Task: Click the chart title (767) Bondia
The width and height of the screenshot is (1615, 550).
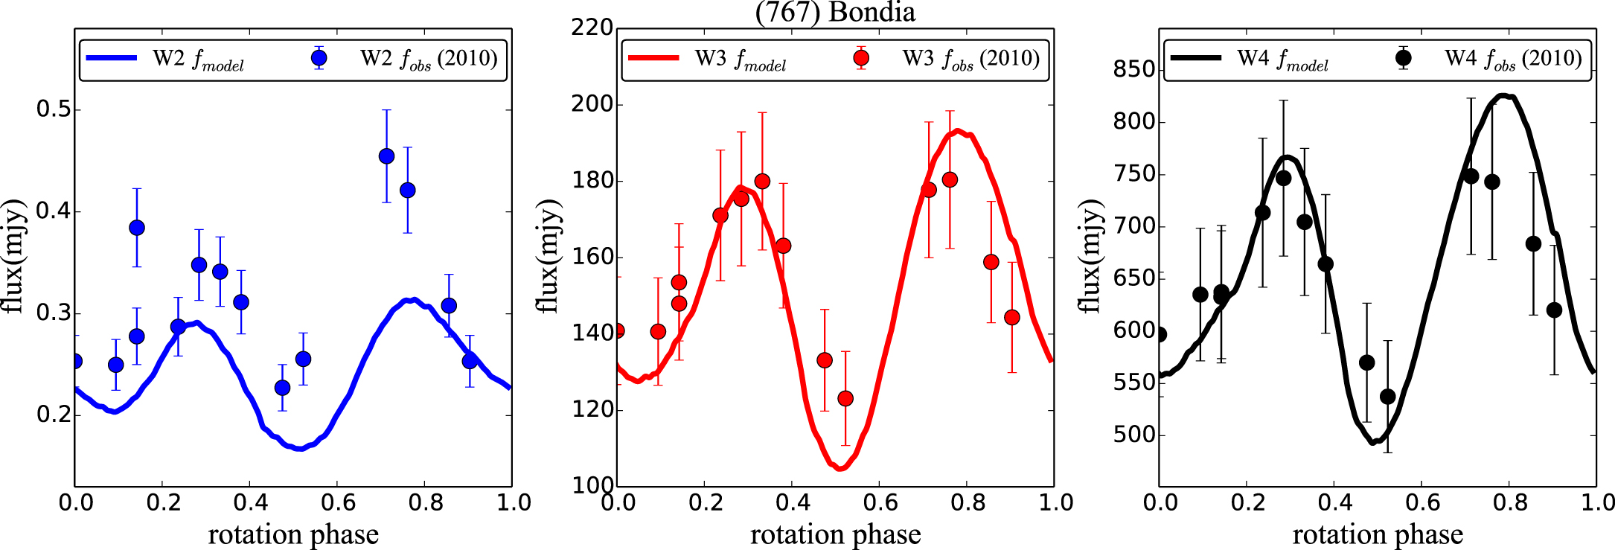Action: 835,13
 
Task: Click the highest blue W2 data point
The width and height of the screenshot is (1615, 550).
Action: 386,156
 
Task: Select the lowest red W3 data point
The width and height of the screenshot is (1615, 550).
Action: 845,399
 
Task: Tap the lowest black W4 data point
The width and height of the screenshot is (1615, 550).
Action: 1388,397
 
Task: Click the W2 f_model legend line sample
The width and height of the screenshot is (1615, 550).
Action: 112,58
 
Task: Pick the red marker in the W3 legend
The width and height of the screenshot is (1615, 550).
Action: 861,57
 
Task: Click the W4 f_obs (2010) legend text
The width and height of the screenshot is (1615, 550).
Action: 1512,59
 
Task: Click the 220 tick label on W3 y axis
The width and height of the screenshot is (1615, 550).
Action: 592,28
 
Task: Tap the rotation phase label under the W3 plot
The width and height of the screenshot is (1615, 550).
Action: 835,534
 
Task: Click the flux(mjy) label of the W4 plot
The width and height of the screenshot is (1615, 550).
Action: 1088,257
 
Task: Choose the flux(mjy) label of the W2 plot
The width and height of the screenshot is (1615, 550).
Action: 13,257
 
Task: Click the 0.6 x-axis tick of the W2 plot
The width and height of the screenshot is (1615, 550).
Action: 337,502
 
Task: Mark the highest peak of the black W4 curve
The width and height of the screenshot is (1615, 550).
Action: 1503,95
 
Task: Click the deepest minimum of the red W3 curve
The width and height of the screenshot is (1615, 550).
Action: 840,469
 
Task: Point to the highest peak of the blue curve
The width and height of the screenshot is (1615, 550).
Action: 410,300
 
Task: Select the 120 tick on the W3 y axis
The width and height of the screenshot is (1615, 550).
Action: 592,410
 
